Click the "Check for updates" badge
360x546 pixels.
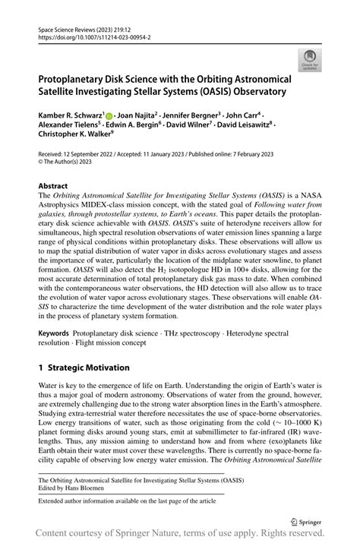point(310,59)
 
